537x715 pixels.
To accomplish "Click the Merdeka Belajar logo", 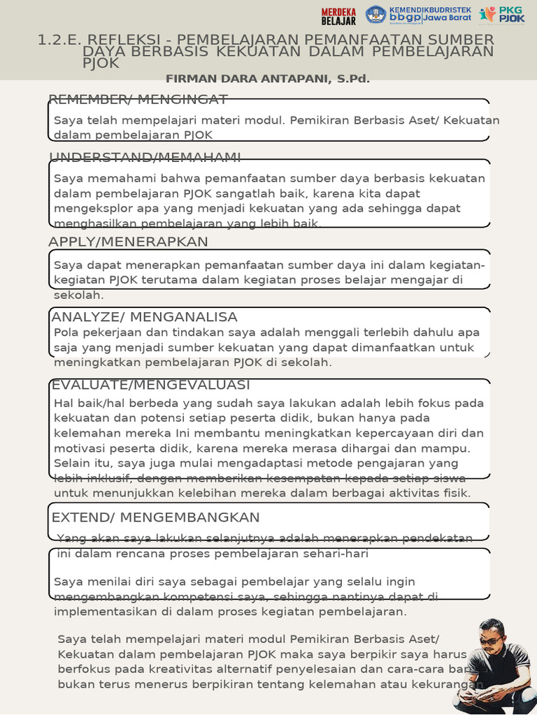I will tap(338, 15).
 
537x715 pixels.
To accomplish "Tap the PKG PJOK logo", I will tap(502, 15).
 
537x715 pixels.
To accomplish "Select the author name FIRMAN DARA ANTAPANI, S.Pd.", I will tap(268, 79).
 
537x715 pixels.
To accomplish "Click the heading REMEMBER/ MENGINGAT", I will tap(138, 98).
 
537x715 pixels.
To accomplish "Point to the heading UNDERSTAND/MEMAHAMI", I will tap(145, 156).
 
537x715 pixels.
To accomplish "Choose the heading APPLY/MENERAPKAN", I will tap(128, 242).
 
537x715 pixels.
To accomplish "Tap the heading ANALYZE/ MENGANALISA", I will tap(145, 317).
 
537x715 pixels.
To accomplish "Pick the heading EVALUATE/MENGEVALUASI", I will tap(150, 385).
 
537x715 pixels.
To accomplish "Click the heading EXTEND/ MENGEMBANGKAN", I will tap(155, 517).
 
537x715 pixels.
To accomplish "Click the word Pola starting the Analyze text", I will tap(66, 332).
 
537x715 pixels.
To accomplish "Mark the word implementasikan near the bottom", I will tap(104, 612).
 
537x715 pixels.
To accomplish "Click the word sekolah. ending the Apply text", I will tap(78, 295).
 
